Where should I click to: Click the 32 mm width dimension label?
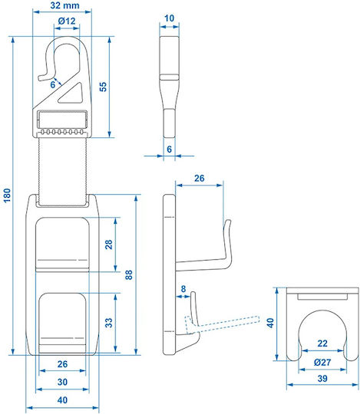[64, 5]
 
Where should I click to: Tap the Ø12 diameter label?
[67, 21]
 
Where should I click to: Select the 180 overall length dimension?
[7, 195]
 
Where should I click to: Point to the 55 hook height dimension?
[103, 87]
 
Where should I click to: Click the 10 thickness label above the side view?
[169, 18]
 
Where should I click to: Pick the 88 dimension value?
[128, 275]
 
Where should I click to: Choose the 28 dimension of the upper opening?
[109, 245]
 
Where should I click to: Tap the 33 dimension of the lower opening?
[109, 323]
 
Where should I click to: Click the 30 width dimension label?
[62, 382]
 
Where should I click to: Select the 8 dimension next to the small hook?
[183, 288]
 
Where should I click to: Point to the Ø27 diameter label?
[322, 362]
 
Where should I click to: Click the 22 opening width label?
[322, 343]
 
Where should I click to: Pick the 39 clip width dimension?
[322, 379]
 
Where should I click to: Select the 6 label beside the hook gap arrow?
[53, 84]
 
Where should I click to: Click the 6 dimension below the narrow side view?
[169, 149]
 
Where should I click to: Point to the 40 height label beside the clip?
[270, 323]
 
